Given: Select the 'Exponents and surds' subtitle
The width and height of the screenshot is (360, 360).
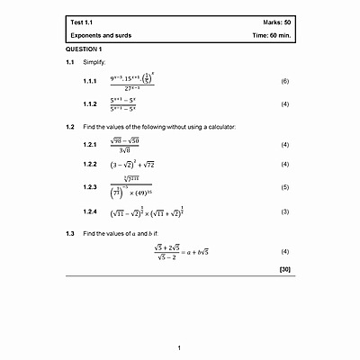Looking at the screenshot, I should click(103, 34).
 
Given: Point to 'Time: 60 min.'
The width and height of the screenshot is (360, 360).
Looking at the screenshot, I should click(270, 34).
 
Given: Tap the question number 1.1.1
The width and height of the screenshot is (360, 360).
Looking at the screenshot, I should click(89, 82).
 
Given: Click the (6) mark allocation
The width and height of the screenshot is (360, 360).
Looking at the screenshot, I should click(284, 82).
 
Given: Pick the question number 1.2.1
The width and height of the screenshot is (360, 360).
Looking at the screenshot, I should click(89, 145).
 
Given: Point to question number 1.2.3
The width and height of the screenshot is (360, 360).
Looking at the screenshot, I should click(89, 187).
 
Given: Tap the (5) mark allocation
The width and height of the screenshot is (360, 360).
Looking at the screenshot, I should click(284, 187).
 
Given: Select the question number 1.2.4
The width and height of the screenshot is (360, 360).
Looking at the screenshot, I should click(89, 211).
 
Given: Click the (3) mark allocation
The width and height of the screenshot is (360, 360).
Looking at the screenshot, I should click(284, 211).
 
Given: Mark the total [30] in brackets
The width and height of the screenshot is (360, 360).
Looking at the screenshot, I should click(284, 270).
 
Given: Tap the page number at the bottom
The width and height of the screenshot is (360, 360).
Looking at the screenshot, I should click(179, 347).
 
